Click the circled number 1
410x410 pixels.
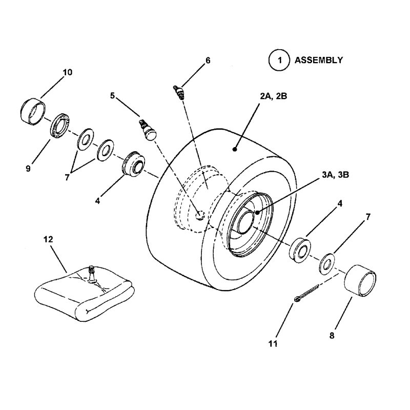279,60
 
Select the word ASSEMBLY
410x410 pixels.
318,60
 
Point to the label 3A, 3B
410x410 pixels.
336,175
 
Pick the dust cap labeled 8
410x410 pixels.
361,280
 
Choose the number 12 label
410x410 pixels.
63,239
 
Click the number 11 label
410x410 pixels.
273,343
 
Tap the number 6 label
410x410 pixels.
208,60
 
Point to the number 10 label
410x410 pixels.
67,72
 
